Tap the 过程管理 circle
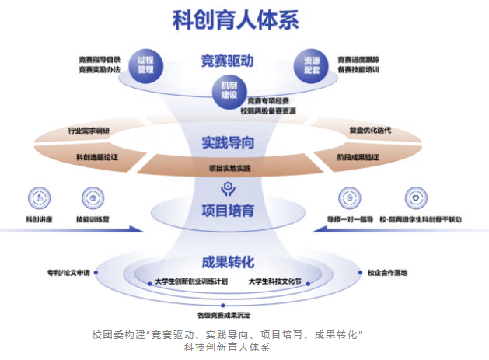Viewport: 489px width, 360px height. click(x=145, y=64)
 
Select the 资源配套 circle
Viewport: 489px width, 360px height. click(x=313, y=64)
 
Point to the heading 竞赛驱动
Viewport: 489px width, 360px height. click(x=228, y=61)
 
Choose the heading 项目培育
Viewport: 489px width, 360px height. click(x=228, y=211)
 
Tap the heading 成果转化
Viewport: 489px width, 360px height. click(x=228, y=261)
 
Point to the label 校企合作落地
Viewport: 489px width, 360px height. click(x=386, y=273)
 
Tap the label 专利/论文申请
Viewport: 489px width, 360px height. click(x=68, y=273)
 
